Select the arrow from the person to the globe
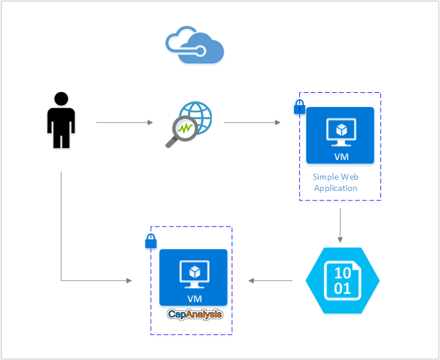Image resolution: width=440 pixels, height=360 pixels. coord(124,123)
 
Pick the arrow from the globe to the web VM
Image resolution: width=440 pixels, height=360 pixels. coord(252,123)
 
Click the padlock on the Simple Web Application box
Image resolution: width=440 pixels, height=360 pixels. coord(300,108)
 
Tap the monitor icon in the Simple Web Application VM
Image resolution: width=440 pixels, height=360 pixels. coord(340,131)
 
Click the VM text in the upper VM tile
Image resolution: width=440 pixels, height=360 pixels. coord(340,156)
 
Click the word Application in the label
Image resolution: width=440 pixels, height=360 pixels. coord(336,188)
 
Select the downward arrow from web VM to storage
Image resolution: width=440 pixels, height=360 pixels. coord(340,225)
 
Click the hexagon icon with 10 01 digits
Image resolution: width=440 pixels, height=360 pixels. coord(342,281)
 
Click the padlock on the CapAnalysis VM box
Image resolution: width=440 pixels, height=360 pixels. coord(151,241)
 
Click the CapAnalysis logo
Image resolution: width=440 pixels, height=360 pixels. coord(195,314)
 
